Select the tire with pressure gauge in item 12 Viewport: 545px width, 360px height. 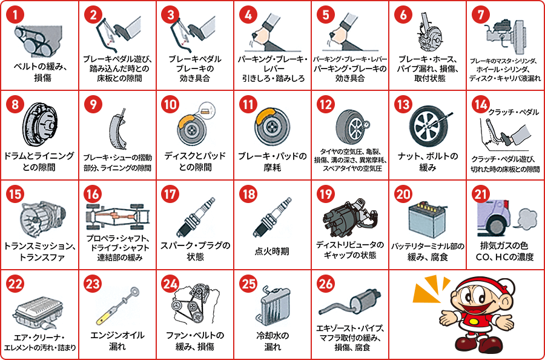(x=349, y=125)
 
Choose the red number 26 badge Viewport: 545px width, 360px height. (x=326, y=284)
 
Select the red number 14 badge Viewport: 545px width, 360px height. (x=481, y=105)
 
